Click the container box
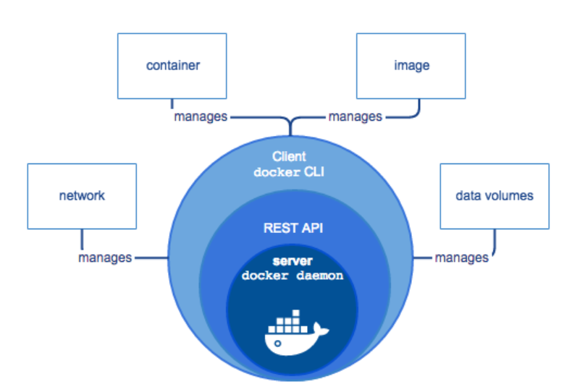click(172, 66)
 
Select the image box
click(411, 66)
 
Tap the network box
click(82, 196)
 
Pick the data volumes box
click(495, 196)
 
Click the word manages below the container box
click(201, 116)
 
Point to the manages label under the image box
click(355, 116)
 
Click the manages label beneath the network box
click(106, 257)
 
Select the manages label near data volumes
click(461, 257)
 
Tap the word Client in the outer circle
click(289, 156)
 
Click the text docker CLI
click(289, 172)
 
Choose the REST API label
click(289, 227)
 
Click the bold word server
click(289, 261)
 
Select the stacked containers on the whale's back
click(286, 321)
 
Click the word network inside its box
click(82, 196)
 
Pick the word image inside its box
click(411, 66)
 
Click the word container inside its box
click(172, 66)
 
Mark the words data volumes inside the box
click(495, 196)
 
